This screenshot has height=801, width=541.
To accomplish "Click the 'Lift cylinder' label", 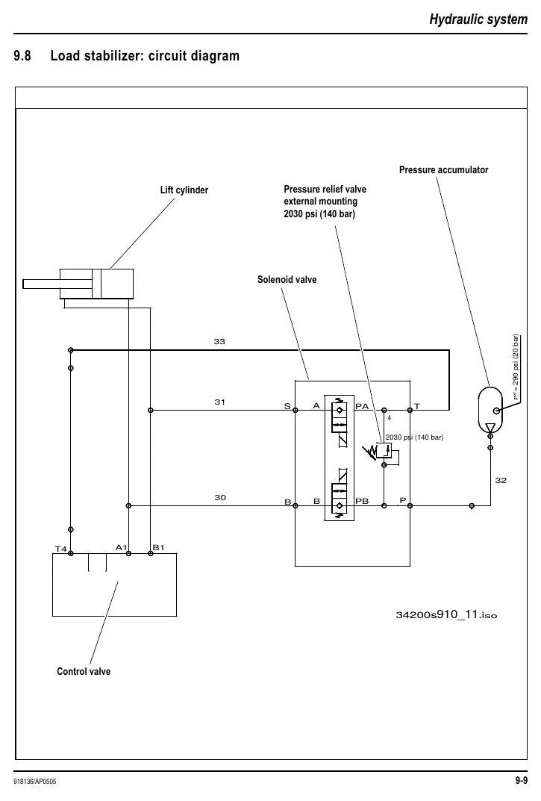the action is click(x=184, y=190).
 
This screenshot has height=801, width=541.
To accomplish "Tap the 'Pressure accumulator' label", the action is click(x=443, y=169).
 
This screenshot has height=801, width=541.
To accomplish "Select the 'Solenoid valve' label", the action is click(x=287, y=279).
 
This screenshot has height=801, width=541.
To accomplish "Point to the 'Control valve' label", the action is click(x=84, y=671).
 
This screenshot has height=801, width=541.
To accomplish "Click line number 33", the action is click(x=219, y=341).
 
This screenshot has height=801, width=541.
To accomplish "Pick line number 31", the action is click(x=219, y=402).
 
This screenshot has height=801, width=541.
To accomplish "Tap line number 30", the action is click(x=219, y=498).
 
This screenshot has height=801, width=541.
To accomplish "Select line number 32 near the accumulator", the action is click(x=501, y=480).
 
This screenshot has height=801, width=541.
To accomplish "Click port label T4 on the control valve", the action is click(x=60, y=549).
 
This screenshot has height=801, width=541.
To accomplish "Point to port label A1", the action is click(x=121, y=548).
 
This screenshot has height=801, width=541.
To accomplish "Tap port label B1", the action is click(x=158, y=548).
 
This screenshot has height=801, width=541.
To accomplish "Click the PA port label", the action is click(x=362, y=406).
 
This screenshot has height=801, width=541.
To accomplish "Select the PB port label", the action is click(x=362, y=501).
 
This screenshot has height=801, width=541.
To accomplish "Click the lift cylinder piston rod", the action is click(x=42, y=284).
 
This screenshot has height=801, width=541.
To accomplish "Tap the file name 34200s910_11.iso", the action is click(x=446, y=614).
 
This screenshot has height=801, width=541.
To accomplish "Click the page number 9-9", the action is click(x=521, y=781).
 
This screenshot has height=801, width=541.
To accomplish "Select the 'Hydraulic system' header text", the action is click(x=478, y=19).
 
